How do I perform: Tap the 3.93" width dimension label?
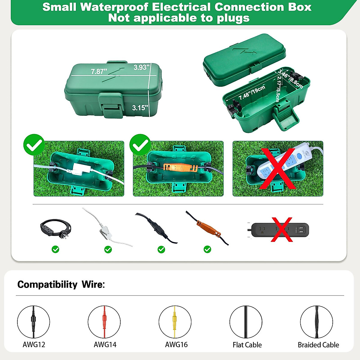tap(141, 67)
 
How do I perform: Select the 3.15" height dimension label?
tap(140, 108)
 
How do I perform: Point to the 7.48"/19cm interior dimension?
tap(252, 93)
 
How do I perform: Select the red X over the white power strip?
tap(278, 168)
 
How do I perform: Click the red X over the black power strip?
tap(282, 229)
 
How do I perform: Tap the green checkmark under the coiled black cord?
tap(55, 249)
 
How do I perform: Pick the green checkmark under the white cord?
tap(108, 249)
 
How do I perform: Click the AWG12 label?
tap(34, 345)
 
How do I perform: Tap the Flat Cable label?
tap(247, 345)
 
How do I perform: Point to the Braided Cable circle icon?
tap(316, 322)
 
